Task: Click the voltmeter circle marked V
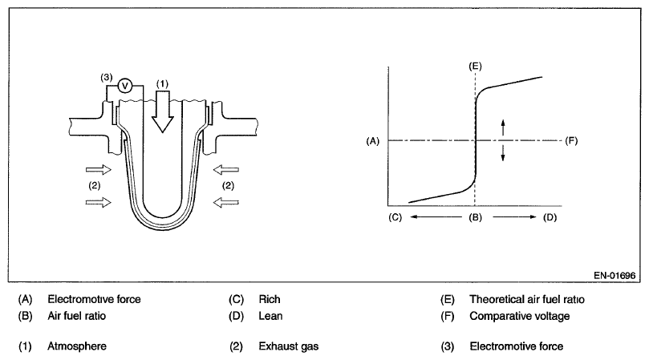[x=124, y=84]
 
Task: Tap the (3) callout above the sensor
[x=106, y=77]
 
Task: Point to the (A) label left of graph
[x=371, y=141]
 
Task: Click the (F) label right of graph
[x=571, y=141]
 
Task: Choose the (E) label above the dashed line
[x=475, y=63]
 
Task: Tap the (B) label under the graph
[x=475, y=216]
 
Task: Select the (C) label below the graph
[x=394, y=216]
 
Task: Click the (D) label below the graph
[x=549, y=216]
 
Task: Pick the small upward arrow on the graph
[x=504, y=127]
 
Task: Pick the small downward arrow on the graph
[x=504, y=154]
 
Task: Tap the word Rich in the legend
[x=270, y=299]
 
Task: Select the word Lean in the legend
[x=271, y=315]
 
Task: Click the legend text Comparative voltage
[x=519, y=315]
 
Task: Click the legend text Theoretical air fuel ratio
[x=527, y=299]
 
